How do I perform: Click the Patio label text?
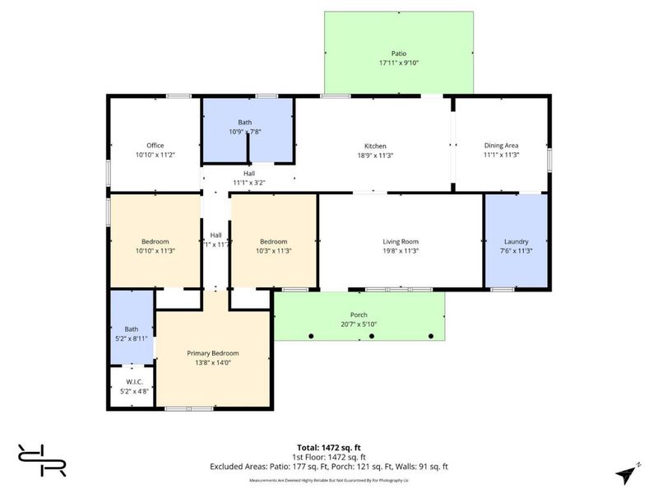pyautogui.click(x=399, y=54)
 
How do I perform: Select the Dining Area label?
pyautogui.click(x=501, y=146)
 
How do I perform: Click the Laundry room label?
pyautogui.click(x=516, y=241)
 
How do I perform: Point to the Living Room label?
pyautogui.click(x=401, y=241)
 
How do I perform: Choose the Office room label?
pyautogui.click(x=155, y=146)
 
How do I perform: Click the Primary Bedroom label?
pyautogui.click(x=213, y=353)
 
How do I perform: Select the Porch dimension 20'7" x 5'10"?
pyautogui.click(x=359, y=324)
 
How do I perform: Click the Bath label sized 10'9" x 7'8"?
pyautogui.click(x=245, y=122)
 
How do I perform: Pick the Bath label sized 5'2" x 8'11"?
pyautogui.click(x=132, y=329)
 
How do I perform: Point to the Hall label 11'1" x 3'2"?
pyautogui.click(x=243, y=173)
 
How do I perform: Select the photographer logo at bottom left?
pyautogui.click(x=41, y=459)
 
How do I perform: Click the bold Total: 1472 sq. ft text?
pyautogui.click(x=329, y=447)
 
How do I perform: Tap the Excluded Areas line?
pyautogui.click(x=329, y=466)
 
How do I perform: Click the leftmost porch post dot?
pyautogui.click(x=312, y=336)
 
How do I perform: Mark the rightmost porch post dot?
pyautogui.click(x=431, y=336)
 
